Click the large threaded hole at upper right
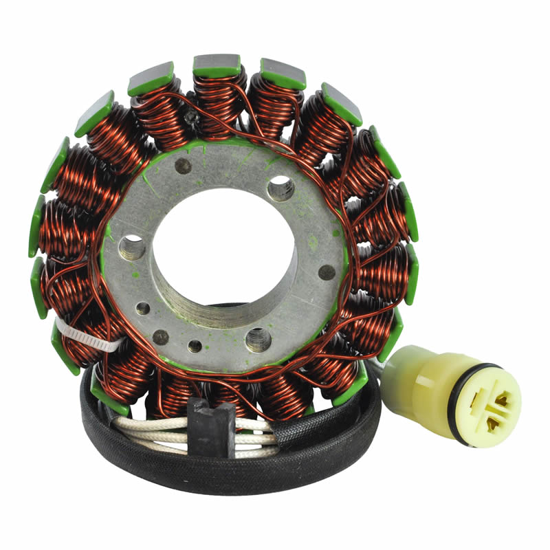pyautogui.click(x=280, y=188)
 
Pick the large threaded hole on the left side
pyautogui.click(x=132, y=247)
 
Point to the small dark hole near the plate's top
pyautogui.click(x=184, y=166)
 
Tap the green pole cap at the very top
pyautogui.click(x=217, y=65)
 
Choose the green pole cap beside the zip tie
pyautogui.click(x=65, y=347)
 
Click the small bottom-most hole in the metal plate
pyautogui.click(x=195, y=346)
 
